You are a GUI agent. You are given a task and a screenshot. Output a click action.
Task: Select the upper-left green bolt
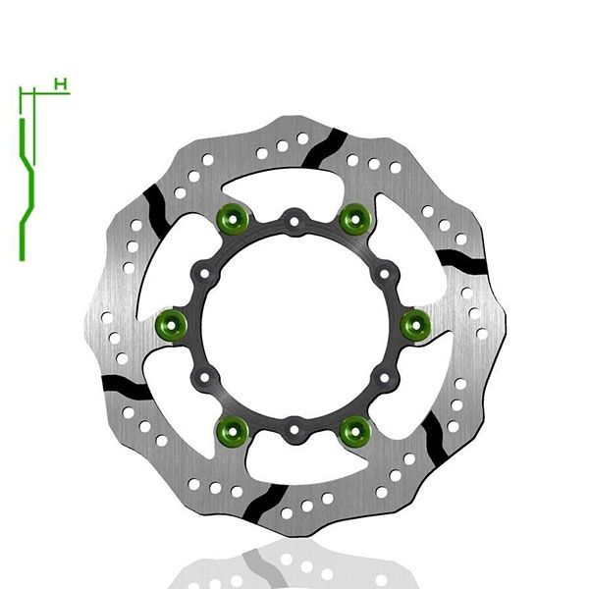pos(233,220)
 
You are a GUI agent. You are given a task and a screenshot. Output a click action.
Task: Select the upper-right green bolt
pos(353,220)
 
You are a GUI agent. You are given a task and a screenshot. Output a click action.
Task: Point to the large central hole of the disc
pos(294,323)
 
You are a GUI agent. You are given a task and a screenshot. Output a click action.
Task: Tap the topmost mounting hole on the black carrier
pos(294,217)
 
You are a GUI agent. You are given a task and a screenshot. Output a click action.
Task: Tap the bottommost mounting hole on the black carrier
pos(294,428)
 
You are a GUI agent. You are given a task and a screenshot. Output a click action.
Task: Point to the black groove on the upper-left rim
pos(154,209)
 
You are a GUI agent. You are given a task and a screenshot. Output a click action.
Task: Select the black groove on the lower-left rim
pos(128,385)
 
